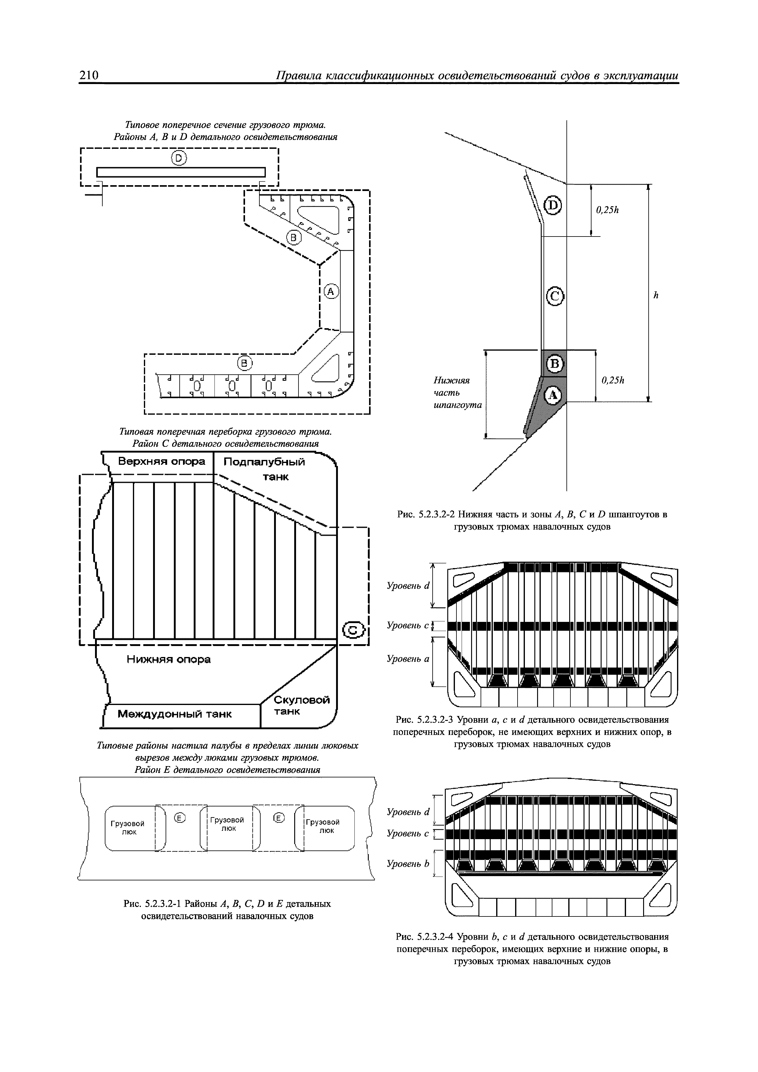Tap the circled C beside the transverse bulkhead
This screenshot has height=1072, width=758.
coord(354,631)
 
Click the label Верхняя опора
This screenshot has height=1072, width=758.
coord(162,462)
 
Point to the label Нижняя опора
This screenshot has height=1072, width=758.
coord(169,659)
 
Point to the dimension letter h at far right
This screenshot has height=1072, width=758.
coord(655,295)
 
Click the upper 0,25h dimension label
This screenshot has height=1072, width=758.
coord(607,210)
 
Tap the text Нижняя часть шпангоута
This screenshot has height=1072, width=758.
coord(457,393)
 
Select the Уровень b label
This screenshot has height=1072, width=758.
coord(408,864)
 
